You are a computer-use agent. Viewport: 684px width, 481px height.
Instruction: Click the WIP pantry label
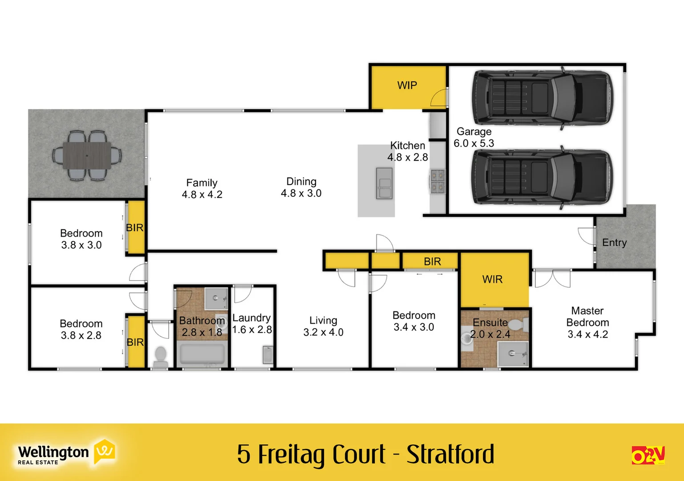point(407,86)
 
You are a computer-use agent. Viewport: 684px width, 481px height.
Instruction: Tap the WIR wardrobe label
point(492,279)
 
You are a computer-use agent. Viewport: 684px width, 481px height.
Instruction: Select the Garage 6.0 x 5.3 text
point(474,138)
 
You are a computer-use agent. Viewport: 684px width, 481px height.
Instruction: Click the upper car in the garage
point(542,97)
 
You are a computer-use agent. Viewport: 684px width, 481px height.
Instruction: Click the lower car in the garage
point(542,177)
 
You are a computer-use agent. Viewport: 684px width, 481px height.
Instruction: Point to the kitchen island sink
point(384,183)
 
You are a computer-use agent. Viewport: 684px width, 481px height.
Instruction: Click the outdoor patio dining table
point(87,155)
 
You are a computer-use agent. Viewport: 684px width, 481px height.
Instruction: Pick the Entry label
point(614,243)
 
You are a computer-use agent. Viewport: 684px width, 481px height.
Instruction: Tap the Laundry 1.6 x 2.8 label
point(252,324)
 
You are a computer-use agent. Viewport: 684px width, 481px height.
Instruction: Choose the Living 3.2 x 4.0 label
point(323,326)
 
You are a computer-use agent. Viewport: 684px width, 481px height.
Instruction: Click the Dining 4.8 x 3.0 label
point(301,188)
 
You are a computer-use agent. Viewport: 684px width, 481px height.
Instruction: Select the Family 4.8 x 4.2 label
point(202,189)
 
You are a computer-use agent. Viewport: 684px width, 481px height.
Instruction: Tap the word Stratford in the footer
point(450,454)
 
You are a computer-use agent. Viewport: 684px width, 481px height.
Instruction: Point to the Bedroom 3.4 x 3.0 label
point(414,321)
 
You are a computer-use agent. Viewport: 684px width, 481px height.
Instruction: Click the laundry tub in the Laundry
point(267,355)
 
